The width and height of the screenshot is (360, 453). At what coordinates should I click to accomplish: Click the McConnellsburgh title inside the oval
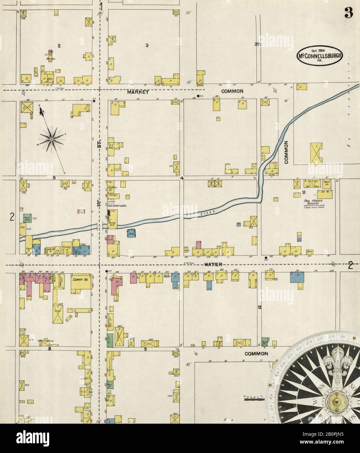tap(320, 56)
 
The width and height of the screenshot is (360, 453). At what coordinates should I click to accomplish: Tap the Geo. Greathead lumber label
tap(116, 206)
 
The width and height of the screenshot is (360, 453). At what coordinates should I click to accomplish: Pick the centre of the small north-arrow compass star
tap(51, 139)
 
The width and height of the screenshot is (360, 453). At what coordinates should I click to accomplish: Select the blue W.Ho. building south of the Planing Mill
tap(132, 234)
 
